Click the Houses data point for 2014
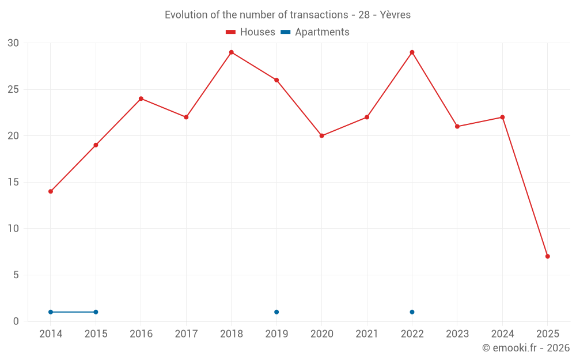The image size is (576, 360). click(x=51, y=191)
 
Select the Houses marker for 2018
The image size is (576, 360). click(x=232, y=52)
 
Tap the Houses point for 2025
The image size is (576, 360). click(x=547, y=256)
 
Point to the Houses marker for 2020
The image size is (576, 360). click(x=322, y=136)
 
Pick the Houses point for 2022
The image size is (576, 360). click(x=412, y=52)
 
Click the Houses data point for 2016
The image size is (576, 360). click(x=141, y=98)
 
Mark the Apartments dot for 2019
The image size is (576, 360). click(x=276, y=312)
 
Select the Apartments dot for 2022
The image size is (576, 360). click(x=412, y=312)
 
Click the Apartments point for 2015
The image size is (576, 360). click(x=96, y=312)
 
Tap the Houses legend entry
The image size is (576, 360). click(x=251, y=32)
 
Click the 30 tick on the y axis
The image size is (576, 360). click(x=13, y=43)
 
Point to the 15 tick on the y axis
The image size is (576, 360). click(x=13, y=182)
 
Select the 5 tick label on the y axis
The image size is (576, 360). click(x=16, y=275)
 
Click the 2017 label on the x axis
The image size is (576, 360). click(x=186, y=334)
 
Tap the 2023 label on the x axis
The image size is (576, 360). click(x=457, y=334)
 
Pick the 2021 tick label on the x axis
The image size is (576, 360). click(x=367, y=334)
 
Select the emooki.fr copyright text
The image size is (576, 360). click(x=526, y=348)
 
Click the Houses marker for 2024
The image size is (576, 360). click(x=502, y=118)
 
